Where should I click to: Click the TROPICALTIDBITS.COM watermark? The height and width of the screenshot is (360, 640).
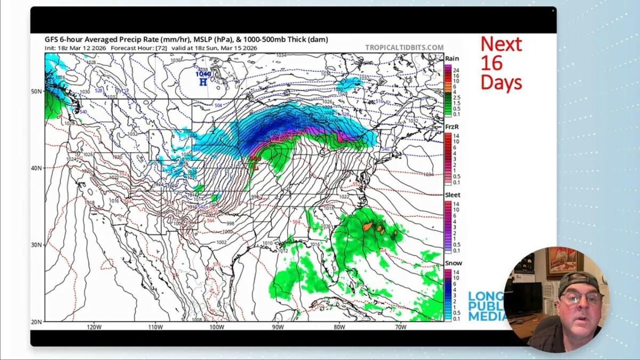pyautogui.click(x=404, y=47)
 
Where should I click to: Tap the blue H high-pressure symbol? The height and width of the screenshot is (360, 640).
pyautogui.click(x=203, y=82)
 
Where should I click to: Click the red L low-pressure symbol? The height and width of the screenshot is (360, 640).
pyautogui.click(x=255, y=167)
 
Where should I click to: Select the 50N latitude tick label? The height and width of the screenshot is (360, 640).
pyautogui.click(x=36, y=91)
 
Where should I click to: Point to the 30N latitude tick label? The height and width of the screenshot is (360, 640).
pyautogui.click(x=36, y=245)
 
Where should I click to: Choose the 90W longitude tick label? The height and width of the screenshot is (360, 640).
pyautogui.click(x=277, y=327)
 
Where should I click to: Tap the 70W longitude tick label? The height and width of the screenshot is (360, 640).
pyautogui.click(x=401, y=327)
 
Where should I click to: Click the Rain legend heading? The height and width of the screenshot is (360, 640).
pyautogui.click(x=452, y=59)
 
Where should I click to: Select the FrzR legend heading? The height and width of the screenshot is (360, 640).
pyautogui.click(x=452, y=127)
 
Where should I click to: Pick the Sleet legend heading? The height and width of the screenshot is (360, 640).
pyautogui.click(x=453, y=195)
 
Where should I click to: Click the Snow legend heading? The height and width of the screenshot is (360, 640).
pyautogui.click(x=453, y=263)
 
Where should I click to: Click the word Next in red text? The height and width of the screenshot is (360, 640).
pyautogui.click(x=501, y=44)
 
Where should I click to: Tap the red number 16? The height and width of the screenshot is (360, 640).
pyautogui.click(x=491, y=63)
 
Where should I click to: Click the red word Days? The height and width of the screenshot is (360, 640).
pyautogui.click(x=501, y=82)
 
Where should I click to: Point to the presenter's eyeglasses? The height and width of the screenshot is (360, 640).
pyautogui.click(x=580, y=298)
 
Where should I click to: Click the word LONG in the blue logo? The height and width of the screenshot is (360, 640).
pyautogui.click(x=485, y=297)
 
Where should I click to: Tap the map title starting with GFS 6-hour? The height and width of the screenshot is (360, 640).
pyautogui.click(x=186, y=39)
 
